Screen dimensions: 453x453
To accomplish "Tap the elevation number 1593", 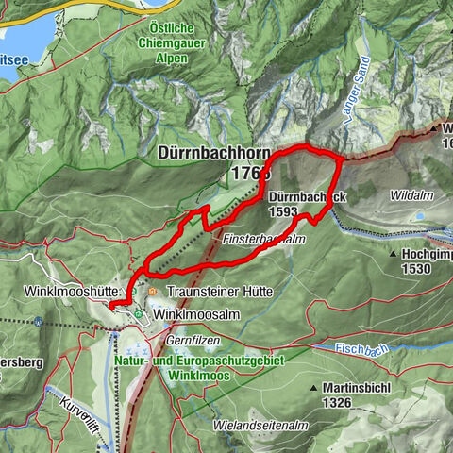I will pos(284,212).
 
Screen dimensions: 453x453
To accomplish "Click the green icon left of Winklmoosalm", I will pos(139,313).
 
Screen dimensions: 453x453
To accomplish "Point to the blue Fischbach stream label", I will pos(362,351).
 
